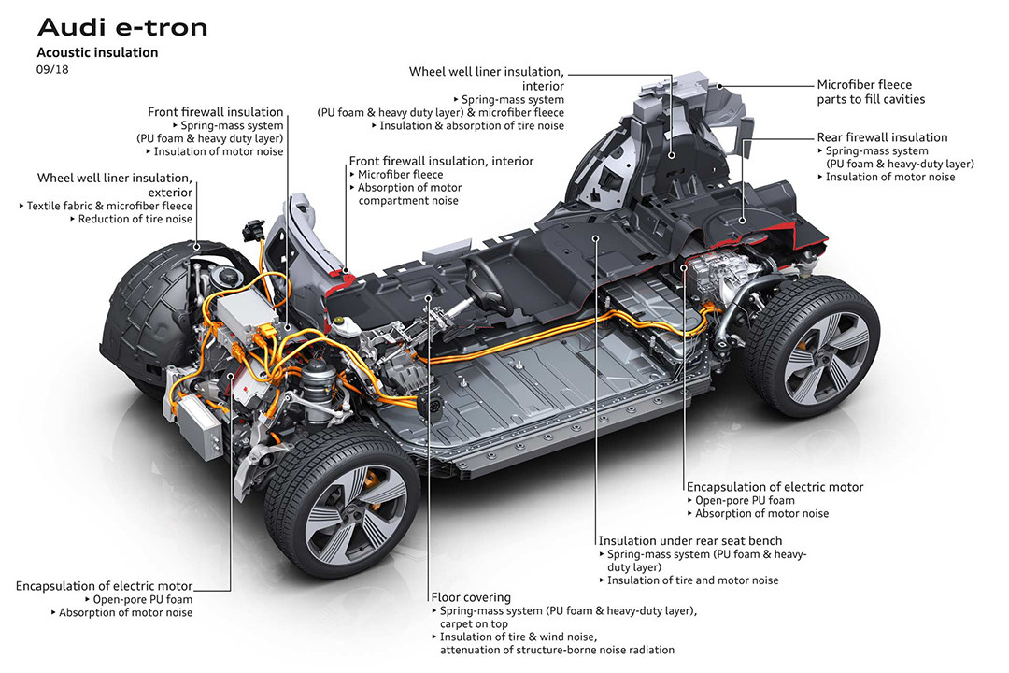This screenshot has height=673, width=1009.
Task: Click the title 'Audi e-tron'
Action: pyautogui.click(x=121, y=27)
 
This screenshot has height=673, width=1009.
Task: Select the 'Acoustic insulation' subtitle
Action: pyautogui.click(x=97, y=52)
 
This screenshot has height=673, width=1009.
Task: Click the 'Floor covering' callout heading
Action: pyautogui.click(x=471, y=597)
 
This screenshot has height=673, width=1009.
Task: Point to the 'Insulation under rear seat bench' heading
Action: pyautogui.click(x=690, y=540)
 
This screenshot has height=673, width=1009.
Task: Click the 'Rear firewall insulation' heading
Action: pyautogui.click(x=882, y=137)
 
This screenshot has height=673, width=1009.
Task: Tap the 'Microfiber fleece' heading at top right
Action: pyautogui.click(x=864, y=84)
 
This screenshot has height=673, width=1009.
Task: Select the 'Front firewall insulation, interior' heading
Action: pyautogui.click(x=441, y=161)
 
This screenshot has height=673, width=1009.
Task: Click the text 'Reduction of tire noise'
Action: pyautogui.click(x=135, y=219)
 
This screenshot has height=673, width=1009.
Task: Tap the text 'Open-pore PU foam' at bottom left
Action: pyautogui.click(x=143, y=599)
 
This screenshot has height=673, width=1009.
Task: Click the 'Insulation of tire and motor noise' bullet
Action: pyautogui.click(x=692, y=580)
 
